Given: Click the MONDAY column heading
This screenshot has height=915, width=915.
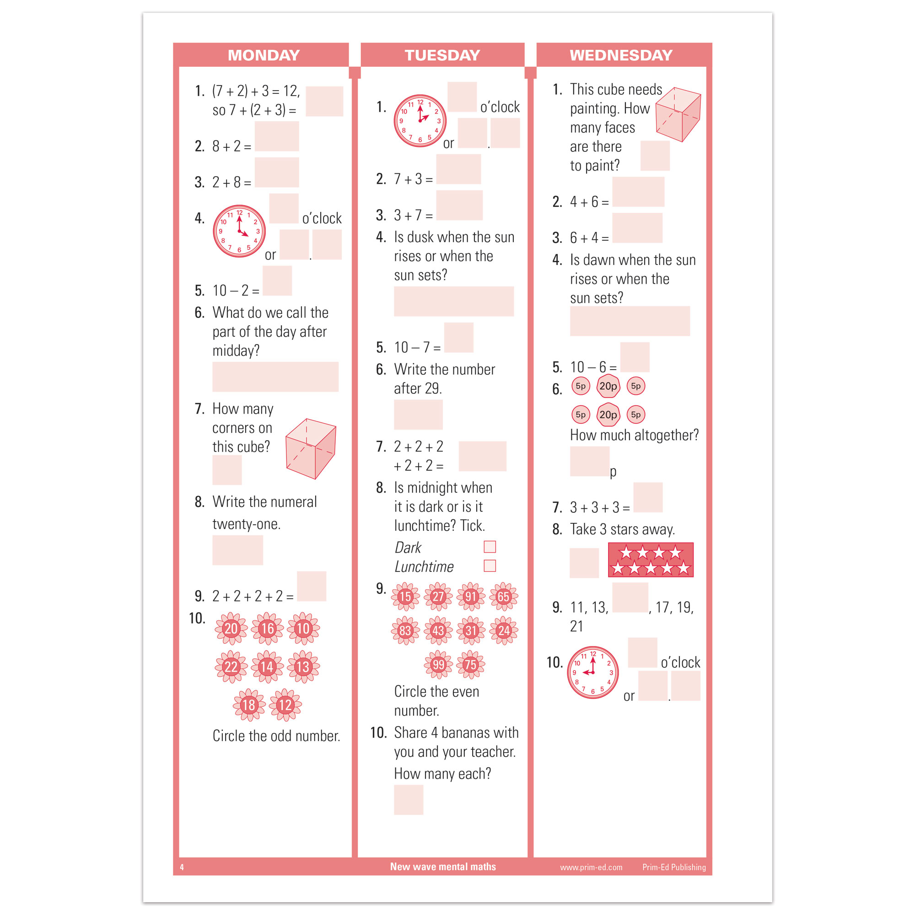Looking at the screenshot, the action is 264,55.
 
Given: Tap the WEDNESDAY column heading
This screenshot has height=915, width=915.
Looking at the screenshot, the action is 621,55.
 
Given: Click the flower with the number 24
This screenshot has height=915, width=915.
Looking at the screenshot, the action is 503,630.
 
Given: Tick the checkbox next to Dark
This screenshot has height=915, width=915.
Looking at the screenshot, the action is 490,547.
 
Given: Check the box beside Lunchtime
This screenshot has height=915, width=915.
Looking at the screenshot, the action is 490,565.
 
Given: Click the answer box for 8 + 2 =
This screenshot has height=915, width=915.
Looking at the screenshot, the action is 277,136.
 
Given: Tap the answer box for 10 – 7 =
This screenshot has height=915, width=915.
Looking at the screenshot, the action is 458,337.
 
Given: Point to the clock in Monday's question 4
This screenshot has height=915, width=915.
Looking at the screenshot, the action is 239,231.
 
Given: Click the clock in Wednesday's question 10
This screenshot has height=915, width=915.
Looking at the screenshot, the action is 592,672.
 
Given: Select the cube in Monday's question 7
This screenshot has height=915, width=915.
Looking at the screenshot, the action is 311,448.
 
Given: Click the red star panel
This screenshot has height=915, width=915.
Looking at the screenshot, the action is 650,560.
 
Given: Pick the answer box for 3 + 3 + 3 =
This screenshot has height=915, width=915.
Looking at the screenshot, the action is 648,497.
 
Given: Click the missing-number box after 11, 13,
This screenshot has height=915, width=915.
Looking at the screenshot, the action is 630,597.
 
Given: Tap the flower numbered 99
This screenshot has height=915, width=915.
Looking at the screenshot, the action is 438,664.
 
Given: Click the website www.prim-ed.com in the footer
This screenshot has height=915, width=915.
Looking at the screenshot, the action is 591,867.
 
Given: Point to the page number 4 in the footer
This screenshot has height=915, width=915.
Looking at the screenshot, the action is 182,867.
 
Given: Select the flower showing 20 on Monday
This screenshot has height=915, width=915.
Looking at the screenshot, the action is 231,629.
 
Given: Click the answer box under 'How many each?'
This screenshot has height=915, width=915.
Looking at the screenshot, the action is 408,800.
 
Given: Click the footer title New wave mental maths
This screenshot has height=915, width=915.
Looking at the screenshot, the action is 443,867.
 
